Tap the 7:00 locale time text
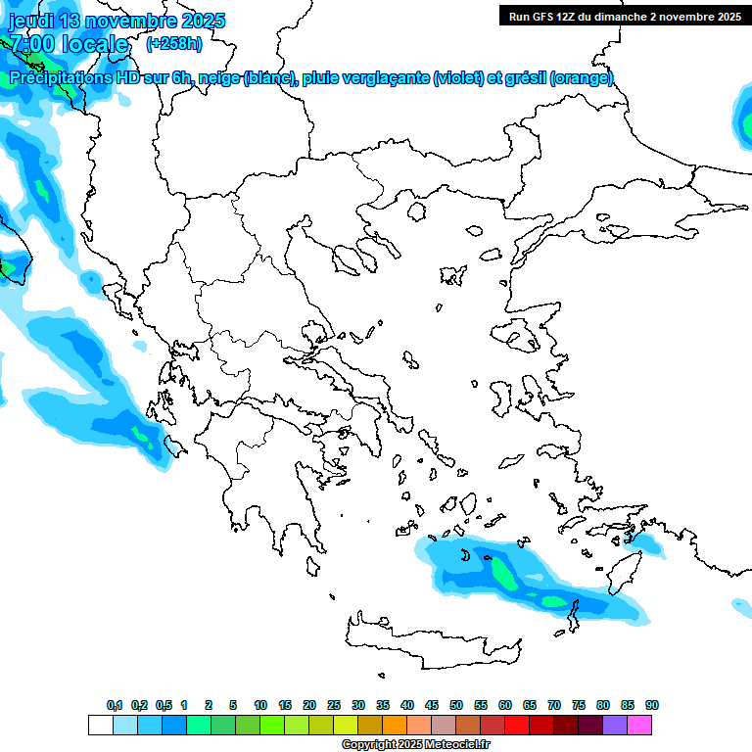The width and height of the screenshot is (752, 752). (x=69, y=44)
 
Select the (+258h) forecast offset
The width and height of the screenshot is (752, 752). (x=174, y=43)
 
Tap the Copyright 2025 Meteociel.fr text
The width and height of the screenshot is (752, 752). (x=415, y=744)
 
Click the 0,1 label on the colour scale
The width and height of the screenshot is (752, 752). (x=115, y=705)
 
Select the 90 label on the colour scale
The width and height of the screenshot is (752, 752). (x=652, y=705)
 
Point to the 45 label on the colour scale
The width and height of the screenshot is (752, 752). (x=432, y=705)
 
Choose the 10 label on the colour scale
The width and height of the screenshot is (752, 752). (x=260, y=705)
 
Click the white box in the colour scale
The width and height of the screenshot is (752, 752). (x=100, y=725)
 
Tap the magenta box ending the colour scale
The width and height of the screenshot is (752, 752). (x=639, y=725)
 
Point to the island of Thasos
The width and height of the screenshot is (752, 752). (x=418, y=211)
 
